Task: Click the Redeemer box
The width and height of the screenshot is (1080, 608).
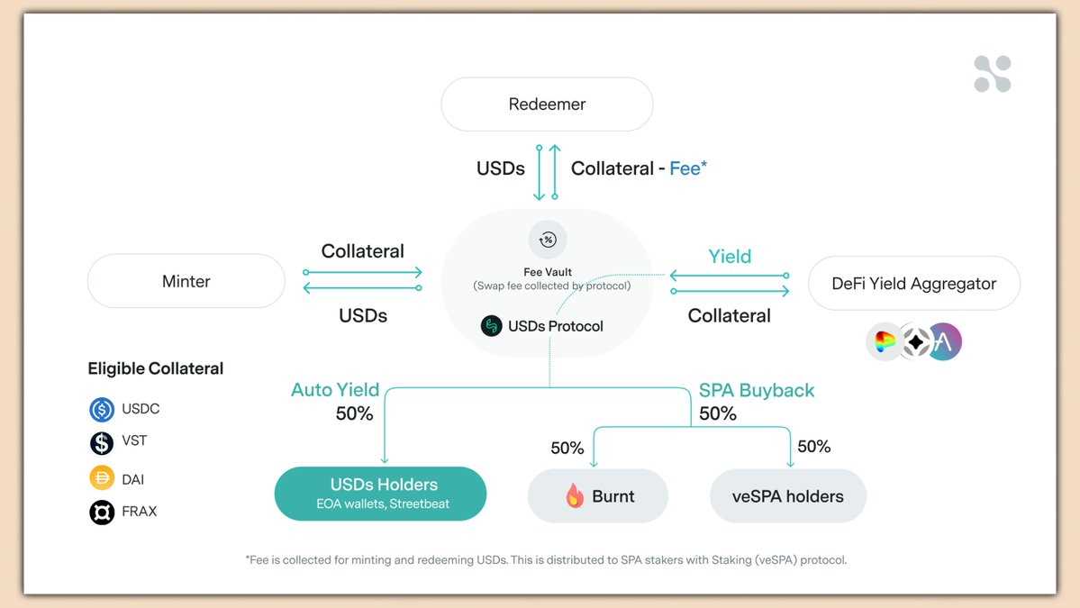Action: tap(547, 104)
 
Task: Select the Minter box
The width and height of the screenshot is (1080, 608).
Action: tap(186, 281)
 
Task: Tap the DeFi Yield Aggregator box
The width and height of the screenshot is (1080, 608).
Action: tap(913, 284)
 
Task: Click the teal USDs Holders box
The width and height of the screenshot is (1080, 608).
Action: tap(380, 494)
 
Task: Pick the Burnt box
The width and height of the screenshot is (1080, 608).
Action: tap(598, 496)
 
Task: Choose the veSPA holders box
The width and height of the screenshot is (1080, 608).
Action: tap(788, 496)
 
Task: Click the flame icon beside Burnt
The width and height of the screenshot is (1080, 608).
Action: tap(575, 495)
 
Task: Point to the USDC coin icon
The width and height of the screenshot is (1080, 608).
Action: tap(102, 410)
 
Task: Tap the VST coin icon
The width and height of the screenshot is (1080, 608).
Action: tap(102, 442)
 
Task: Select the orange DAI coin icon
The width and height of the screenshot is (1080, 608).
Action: tap(102, 478)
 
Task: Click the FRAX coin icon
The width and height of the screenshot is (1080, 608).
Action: tap(102, 512)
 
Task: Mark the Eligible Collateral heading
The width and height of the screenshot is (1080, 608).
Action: tap(156, 368)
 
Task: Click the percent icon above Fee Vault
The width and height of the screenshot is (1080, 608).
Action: tap(548, 240)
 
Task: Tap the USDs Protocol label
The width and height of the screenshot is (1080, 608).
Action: tap(555, 326)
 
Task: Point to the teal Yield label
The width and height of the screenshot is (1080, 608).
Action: tap(730, 257)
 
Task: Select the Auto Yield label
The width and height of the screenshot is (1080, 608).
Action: tap(335, 390)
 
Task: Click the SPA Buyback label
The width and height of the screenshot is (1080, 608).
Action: tap(757, 390)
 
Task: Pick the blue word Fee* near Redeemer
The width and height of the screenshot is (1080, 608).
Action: tap(688, 168)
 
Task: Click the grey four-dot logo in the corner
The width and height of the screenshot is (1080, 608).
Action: tap(993, 74)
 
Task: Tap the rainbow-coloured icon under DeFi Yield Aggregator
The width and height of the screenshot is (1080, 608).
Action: tap(885, 342)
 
